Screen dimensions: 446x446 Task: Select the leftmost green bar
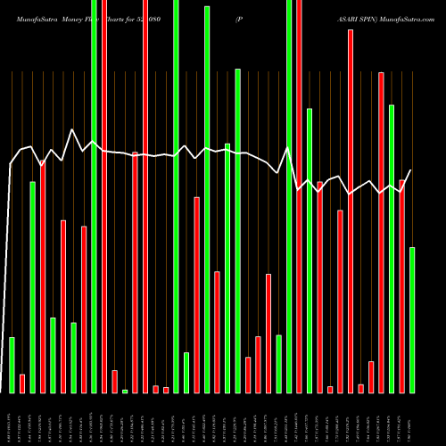tap(12, 365)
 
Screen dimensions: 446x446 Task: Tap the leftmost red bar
tap(22, 384)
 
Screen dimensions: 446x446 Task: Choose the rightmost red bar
tap(401, 285)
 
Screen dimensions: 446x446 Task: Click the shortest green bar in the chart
tap(125, 391)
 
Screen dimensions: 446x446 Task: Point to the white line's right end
tap(411, 170)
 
